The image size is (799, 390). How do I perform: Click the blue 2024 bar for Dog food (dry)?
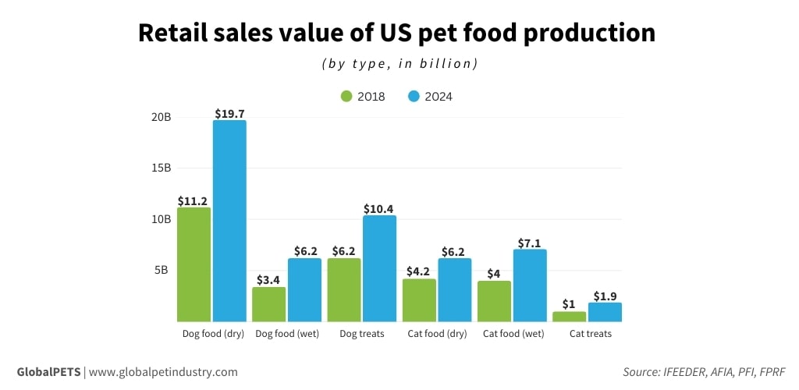229,221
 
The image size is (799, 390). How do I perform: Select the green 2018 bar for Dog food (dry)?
194,264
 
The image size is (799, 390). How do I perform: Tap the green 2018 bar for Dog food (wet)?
268,304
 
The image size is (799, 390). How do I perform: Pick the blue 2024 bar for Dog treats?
380,268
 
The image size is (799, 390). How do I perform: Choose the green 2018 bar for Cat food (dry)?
419,300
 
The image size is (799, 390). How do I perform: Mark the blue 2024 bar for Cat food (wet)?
530,285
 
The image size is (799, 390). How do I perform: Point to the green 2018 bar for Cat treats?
570,317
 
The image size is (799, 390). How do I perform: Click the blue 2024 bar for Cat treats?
605,312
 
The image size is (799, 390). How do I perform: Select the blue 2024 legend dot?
414,97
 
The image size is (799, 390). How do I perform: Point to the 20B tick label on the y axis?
162,117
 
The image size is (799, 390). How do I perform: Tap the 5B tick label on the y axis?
162,270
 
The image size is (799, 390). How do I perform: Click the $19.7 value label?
229,114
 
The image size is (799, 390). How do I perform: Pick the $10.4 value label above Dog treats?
379,209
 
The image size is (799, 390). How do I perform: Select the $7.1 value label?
530,243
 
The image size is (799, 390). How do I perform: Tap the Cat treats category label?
590,334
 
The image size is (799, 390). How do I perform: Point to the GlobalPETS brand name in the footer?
48,372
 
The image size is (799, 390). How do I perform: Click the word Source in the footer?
641,372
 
